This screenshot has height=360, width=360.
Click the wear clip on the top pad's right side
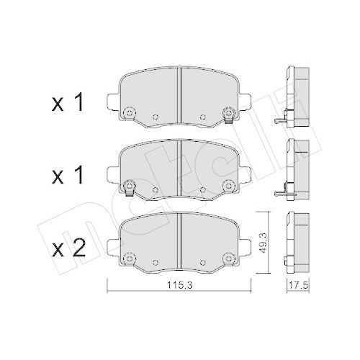point(228,114)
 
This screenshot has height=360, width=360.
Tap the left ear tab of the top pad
point(112,99)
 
